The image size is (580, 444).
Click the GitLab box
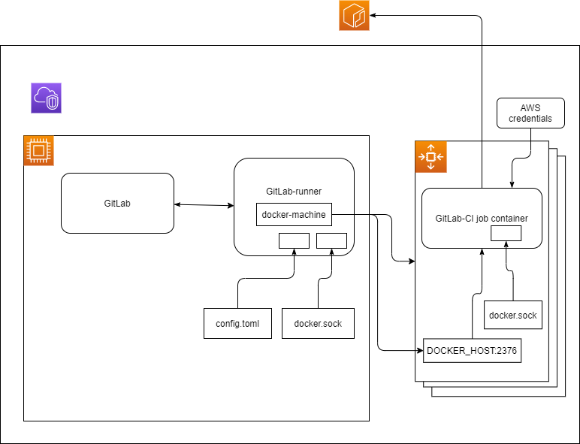click(x=117, y=204)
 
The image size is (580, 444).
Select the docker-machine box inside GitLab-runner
click(x=294, y=215)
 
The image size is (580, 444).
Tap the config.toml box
click(x=237, y=323)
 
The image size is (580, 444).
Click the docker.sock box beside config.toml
click(x=318, y=323)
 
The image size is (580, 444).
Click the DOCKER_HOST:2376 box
click(x=472, y=350)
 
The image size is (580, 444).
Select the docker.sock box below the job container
click(x=512, y=316)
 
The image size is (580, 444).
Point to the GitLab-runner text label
click(x=294, y=191)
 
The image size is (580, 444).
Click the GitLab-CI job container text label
click(x=482, y=219)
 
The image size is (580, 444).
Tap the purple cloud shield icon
click(x=46, y=98)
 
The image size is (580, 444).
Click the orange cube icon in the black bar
click(x=354, y=16)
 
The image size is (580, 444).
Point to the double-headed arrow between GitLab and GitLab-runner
click(x=204, y=204)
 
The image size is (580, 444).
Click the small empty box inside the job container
click(x=506, y=234)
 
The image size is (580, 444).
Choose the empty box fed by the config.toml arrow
click(x=294, y=240)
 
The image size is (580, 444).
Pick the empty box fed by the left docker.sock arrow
click(x=331, y=240)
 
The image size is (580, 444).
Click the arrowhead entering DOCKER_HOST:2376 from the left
click(x=418, y=350)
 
